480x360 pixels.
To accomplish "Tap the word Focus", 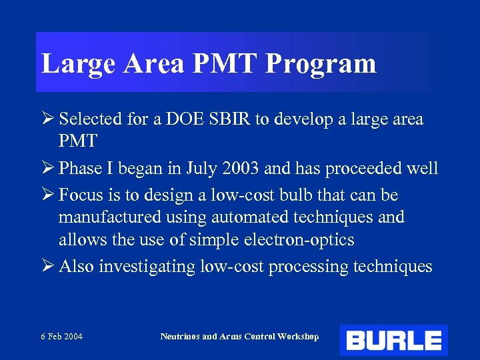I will point(79,196).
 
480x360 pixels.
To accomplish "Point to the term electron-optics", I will point(297,239).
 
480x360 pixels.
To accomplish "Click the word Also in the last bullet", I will point(76,267).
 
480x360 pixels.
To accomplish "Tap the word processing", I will point(307,267).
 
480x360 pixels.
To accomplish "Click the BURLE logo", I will point(393,340).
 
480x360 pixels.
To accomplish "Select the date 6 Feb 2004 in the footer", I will point(61,337).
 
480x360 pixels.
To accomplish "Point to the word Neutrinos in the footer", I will point(179,337).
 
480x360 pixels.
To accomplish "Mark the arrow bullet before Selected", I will point(47,119).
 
